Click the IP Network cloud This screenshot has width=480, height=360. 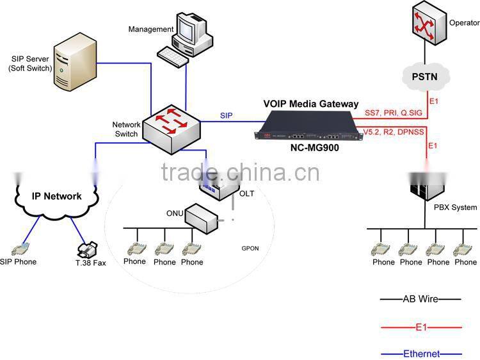[x=56, y=196]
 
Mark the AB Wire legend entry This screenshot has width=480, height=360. [x=419, y=299]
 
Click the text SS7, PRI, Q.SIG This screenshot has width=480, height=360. [x=393, y=113]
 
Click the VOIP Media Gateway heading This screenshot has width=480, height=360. [x=310, y=104]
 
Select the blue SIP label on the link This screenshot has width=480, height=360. [x=226, y=115]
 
